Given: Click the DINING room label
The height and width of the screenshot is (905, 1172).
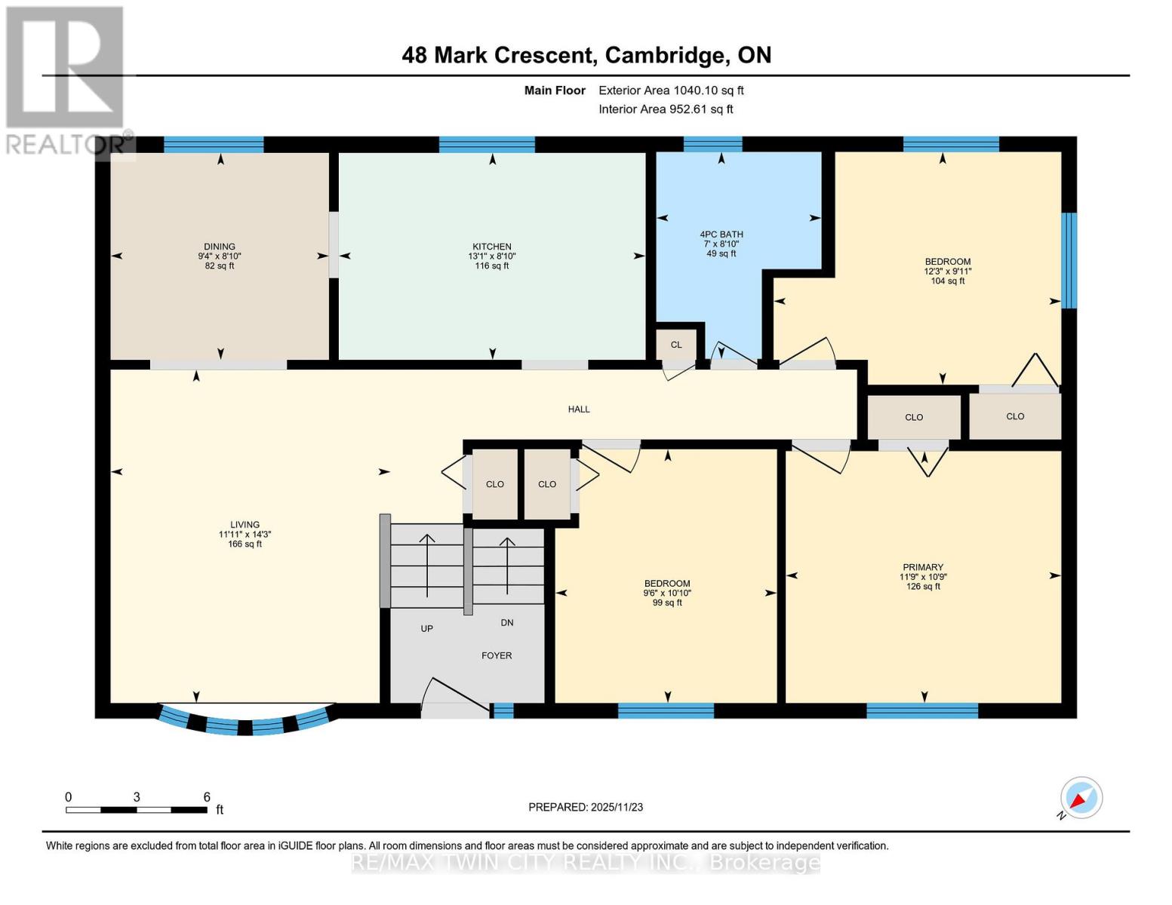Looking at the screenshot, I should point(220,247).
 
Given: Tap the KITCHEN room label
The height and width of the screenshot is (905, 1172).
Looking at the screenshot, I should point(492,247).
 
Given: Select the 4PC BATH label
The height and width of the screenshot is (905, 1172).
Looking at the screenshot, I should point(721,235).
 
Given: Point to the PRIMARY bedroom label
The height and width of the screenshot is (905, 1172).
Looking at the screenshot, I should point(923,567).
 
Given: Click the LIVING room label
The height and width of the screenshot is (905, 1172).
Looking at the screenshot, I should point(245,525).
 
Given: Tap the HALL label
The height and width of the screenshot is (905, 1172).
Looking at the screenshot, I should point(579,410).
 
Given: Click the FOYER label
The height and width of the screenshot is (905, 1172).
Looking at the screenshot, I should point(497,656).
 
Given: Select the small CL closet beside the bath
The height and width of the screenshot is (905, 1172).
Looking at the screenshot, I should point(676,345).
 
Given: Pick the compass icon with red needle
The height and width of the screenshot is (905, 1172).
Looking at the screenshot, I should point(1081,798).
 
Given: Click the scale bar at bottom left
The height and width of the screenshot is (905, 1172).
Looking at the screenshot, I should point(137,810).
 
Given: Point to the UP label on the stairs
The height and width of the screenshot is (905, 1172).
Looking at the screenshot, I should point(426,628).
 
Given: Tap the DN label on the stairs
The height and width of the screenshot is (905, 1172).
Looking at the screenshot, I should point(507,623).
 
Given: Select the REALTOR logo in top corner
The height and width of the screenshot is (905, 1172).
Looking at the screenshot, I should point(66,79).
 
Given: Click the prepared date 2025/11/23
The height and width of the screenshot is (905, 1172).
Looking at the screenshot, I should point(586,807).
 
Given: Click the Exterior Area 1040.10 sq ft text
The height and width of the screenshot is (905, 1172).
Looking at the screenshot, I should point(671,90).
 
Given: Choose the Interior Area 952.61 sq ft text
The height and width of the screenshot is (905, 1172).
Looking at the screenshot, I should point(666,109).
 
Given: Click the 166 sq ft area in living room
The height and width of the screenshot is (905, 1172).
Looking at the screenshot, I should point(245,545).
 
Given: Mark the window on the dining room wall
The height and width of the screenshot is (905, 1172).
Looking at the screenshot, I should point(214,144).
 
